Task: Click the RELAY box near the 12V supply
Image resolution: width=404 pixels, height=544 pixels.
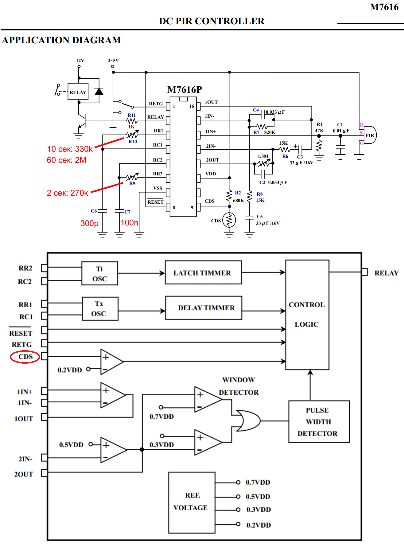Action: [x=78, y=92]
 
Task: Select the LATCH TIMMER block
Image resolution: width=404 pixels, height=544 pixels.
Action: [x=203, y=272]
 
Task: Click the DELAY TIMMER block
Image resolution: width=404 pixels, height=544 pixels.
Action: [x=204, y=308]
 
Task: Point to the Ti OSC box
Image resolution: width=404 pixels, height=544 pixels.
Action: [x=99, y=273]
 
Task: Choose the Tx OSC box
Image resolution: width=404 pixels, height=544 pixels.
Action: [x=100, y=309]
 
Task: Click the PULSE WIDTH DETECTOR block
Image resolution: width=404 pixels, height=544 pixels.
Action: [x=319, y=421]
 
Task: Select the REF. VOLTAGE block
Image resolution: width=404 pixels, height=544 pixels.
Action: [x=192, y=503]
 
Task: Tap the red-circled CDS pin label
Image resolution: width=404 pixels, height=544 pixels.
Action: [x=25, y=357]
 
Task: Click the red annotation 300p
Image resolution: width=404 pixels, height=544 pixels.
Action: [x=89, y=223]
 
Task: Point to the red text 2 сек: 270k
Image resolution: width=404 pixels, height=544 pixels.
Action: [x=67, y=193]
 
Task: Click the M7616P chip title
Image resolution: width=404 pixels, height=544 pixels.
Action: [x=185, y=89]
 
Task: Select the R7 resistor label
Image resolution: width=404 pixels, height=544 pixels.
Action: [x=256, y=132]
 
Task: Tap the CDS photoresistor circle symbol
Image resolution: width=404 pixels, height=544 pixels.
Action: [x=229, y=220]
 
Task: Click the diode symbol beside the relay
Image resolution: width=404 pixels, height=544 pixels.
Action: [x=99, y=91]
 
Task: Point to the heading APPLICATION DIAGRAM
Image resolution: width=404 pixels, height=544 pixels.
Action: [x=61, y=40]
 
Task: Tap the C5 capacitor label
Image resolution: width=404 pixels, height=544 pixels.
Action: [x=260, y=217]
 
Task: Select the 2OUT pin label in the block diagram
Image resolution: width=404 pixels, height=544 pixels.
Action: [x=24, y=474]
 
